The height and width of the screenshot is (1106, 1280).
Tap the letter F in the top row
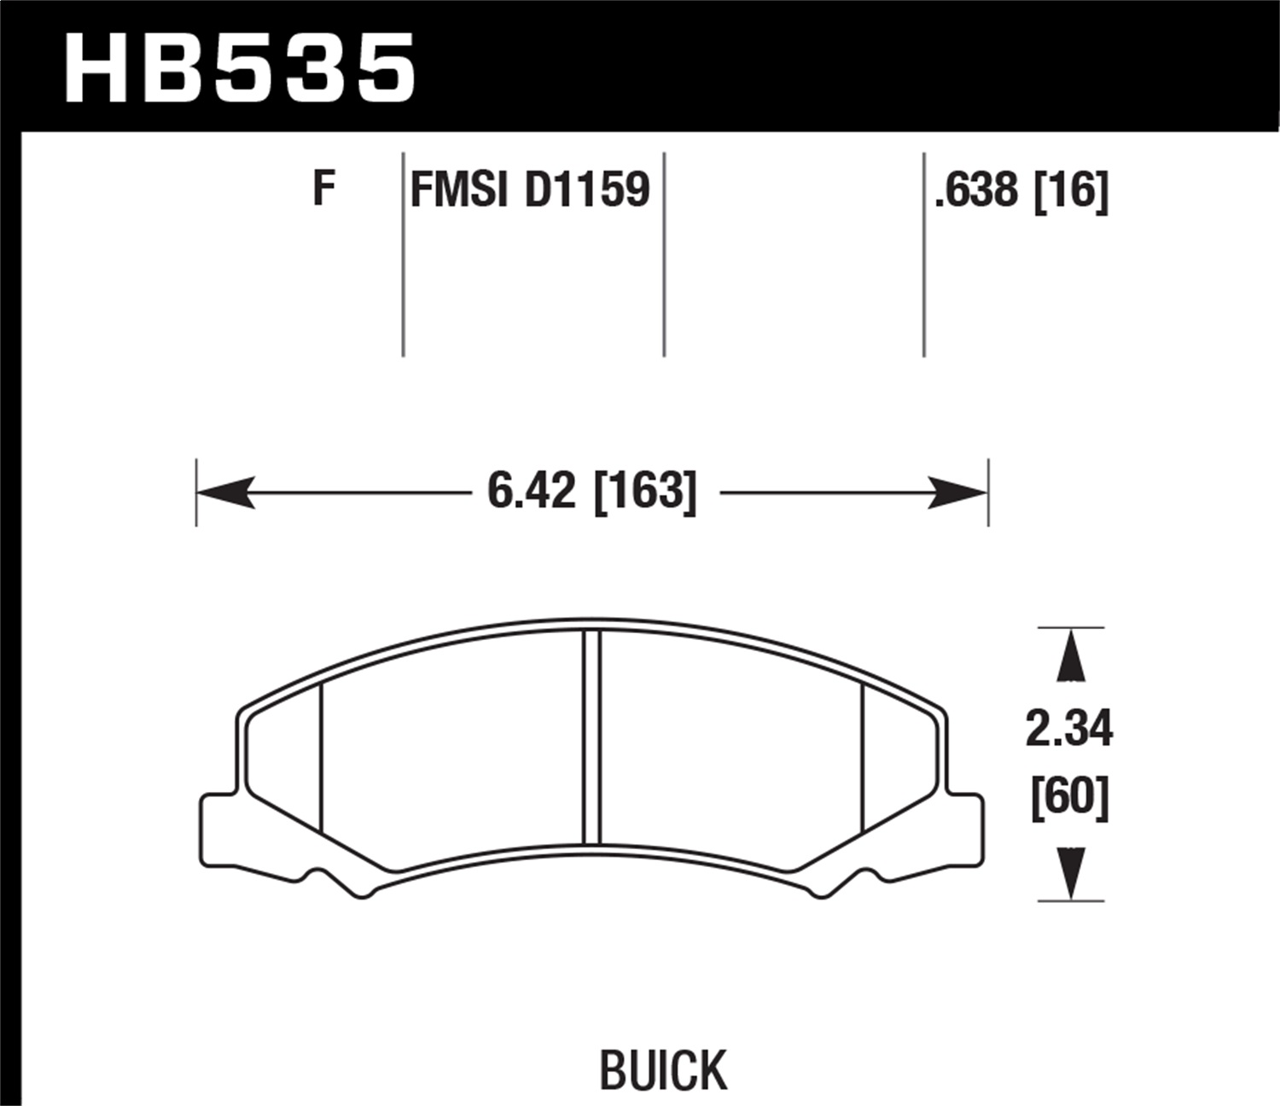323,189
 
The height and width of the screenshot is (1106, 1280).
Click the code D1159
587,189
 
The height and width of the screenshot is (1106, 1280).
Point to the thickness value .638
976,190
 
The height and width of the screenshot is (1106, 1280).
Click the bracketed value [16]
1071,190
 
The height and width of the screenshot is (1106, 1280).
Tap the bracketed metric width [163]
645,492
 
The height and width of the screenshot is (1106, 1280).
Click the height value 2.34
1069,730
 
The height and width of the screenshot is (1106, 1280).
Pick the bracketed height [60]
1069,797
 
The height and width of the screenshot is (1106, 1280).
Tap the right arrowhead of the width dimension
958,492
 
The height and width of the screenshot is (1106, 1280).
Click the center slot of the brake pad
591,737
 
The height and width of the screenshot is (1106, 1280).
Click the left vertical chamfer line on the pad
321,758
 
